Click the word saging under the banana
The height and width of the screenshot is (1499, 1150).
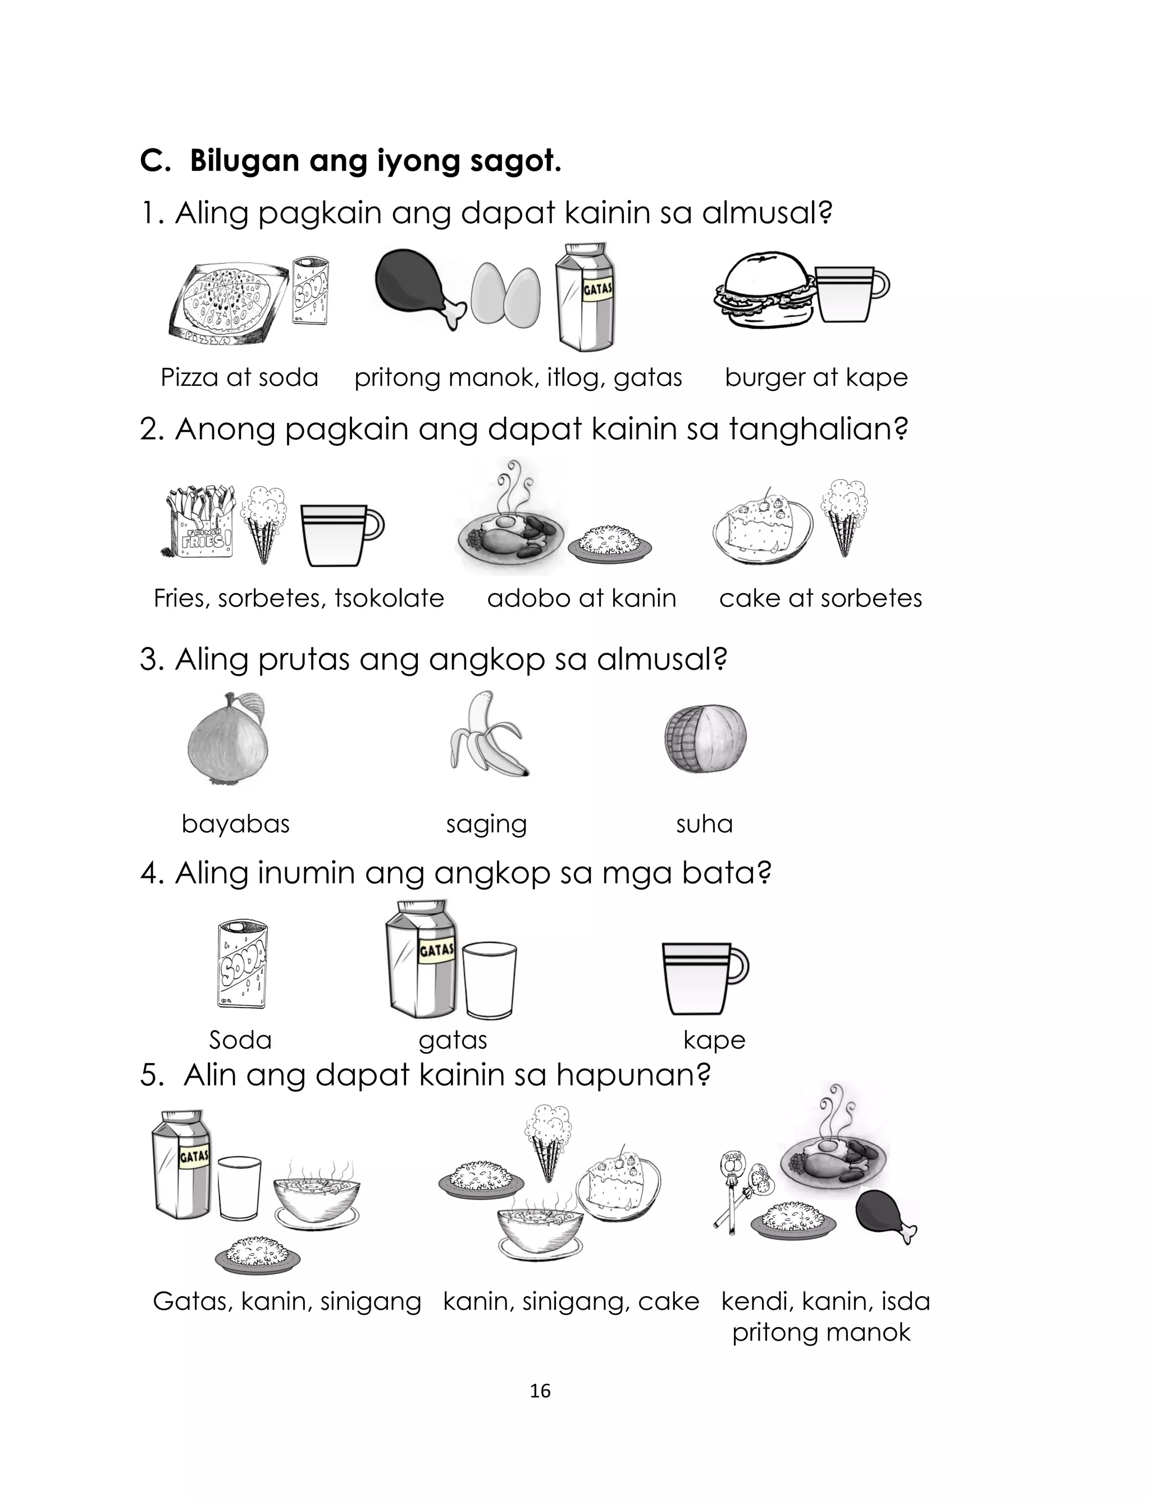coord(486,823)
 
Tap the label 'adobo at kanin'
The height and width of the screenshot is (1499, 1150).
coord(581,598)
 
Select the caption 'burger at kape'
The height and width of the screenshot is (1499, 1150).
coord(816,377)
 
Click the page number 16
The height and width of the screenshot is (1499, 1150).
coord(540,1391)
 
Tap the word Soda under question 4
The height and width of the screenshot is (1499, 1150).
coord(240,1040)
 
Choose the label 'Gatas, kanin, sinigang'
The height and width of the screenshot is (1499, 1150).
coord(287,1301)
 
